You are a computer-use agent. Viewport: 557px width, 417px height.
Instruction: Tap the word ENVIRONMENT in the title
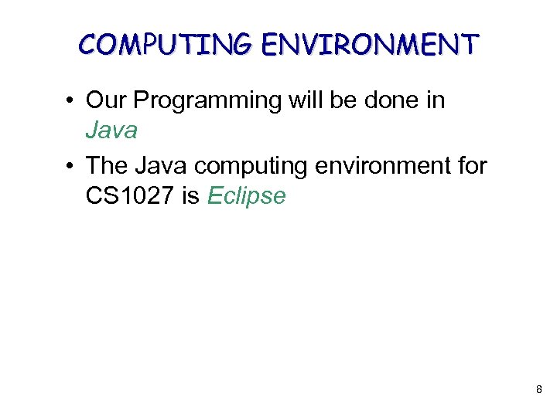(371, 44)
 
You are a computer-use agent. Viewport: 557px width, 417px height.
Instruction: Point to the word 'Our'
(106, 100)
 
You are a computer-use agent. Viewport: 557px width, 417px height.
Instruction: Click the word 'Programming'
(196, 101)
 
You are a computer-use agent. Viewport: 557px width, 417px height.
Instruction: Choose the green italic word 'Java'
(111, 130)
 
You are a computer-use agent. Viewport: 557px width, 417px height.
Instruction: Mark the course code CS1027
(130, 196)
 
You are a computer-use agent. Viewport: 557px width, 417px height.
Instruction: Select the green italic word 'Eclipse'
(247, 197)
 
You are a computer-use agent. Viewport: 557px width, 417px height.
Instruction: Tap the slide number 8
(538, 391)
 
